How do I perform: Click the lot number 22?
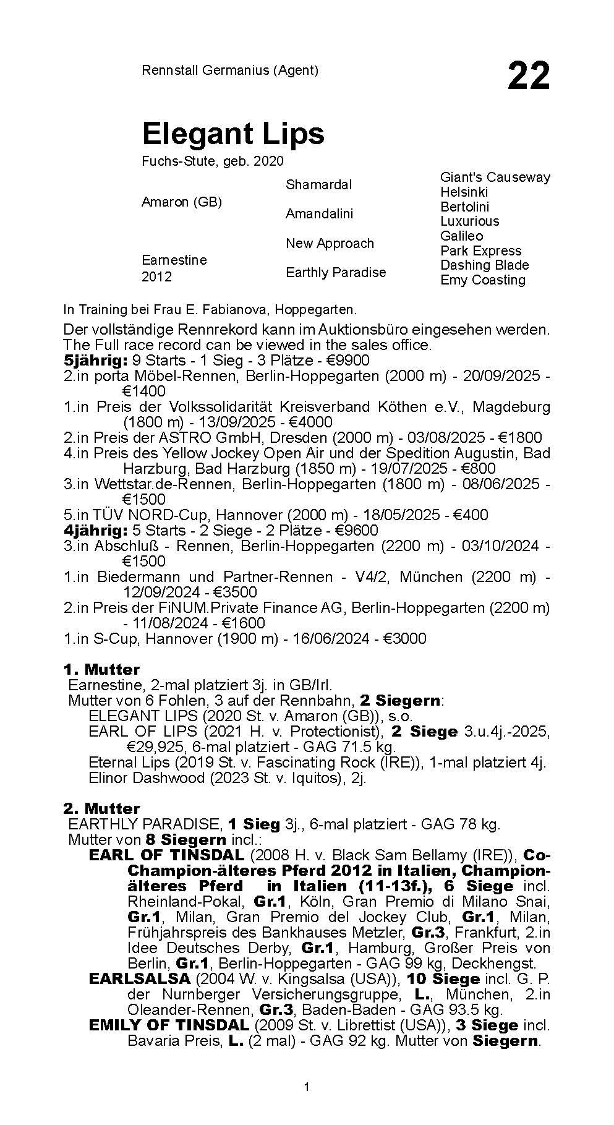528,76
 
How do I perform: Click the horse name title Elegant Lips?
232,133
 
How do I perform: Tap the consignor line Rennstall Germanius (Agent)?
230,70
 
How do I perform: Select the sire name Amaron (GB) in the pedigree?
181,202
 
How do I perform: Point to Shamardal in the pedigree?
318,184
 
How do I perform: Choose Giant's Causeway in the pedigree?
495,177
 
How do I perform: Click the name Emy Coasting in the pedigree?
482,280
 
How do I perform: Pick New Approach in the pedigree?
330,243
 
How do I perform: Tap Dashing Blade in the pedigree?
484,265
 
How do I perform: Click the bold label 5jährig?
95,361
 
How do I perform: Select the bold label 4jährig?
95,531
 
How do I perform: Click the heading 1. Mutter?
102,669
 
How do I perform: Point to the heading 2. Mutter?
102,808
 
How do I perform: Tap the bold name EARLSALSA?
140,979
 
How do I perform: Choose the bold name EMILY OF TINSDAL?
169,1025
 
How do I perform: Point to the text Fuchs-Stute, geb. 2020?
213,161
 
